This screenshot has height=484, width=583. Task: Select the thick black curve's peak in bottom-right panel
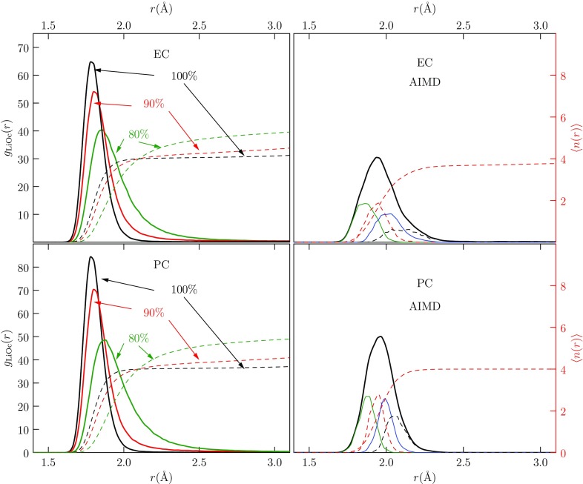click(x=380, y=337)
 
